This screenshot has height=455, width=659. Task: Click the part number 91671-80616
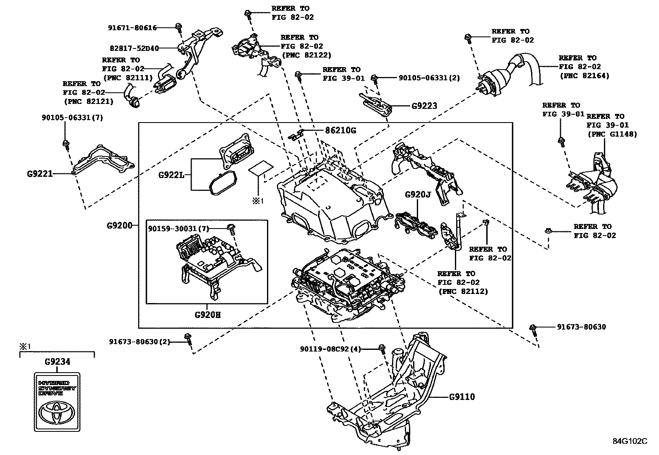[x=132, y=28]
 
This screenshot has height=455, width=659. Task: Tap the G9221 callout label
[x=40, y=174]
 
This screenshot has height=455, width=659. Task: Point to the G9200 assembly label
[x=119, y=226]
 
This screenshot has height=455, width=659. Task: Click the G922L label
[x=171, y=175]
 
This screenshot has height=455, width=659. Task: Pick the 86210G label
[x=340, y=130]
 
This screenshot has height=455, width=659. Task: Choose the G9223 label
[x=424, y=106]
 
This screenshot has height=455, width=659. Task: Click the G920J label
[x=418, y=195]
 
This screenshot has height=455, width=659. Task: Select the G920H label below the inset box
[x=207, y=315]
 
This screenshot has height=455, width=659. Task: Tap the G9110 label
[x=462, y=397]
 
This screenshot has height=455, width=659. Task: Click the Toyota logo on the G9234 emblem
[x=56, y=412]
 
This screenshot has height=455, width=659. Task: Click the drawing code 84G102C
[x=630, y=441]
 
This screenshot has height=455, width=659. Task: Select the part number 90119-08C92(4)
[x=330, y=349]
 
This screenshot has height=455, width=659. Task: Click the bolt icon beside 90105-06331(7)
[x=65, y=144]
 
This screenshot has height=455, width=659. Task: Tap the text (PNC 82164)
[x=584, y=76]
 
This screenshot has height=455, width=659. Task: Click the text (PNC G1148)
[x=612, y=134]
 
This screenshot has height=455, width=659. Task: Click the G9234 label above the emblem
[x=57, y=362]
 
